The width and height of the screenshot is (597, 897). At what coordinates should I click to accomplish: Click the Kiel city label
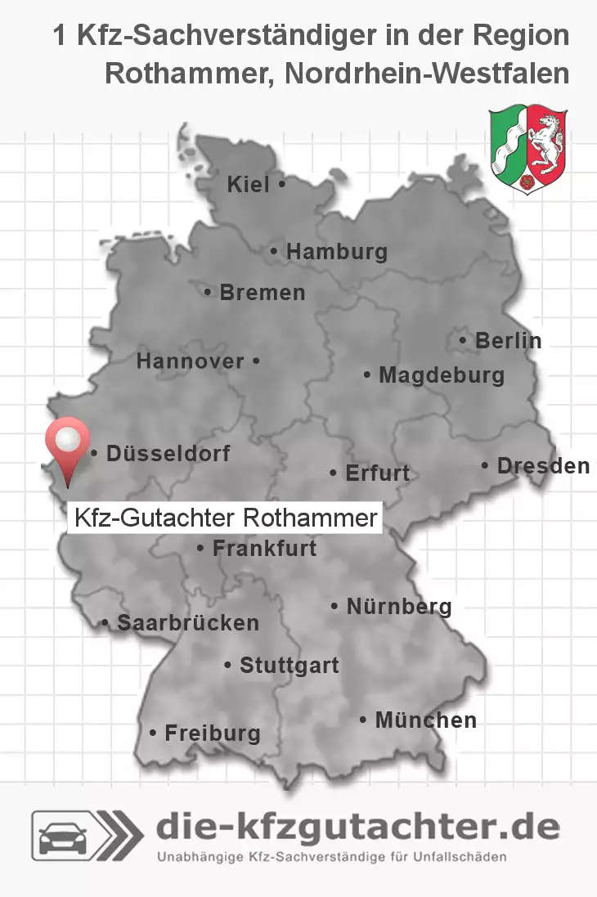(249, 186)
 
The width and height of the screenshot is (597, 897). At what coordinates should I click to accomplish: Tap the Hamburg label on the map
(336, 253)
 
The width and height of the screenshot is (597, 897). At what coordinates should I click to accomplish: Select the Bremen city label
(262, 292)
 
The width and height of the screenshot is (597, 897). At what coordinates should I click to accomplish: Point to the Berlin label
(508, 341)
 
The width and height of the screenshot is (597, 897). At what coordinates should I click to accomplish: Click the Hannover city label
(191, 361)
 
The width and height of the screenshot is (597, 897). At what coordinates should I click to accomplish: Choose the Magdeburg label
(441, 376)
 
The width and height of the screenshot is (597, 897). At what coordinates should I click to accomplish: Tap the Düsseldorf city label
(168, 453)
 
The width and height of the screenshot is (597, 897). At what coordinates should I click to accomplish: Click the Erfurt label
(377, 473)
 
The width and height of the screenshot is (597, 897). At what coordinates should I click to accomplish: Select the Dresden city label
(543, 466)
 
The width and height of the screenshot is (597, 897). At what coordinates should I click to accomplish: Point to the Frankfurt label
(264, 549)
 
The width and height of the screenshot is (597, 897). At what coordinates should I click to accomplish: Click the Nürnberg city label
(399, 607)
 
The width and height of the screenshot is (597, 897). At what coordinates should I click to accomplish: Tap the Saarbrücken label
(187, 623)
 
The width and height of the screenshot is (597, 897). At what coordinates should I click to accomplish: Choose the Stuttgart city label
(289, 666)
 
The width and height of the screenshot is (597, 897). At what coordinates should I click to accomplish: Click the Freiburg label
(212, 733)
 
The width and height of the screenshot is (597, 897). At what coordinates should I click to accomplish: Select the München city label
(425, 720)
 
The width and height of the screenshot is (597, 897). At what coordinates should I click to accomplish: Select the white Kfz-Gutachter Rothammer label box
(225, 518)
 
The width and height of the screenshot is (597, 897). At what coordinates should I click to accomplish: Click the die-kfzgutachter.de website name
(358, 827)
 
